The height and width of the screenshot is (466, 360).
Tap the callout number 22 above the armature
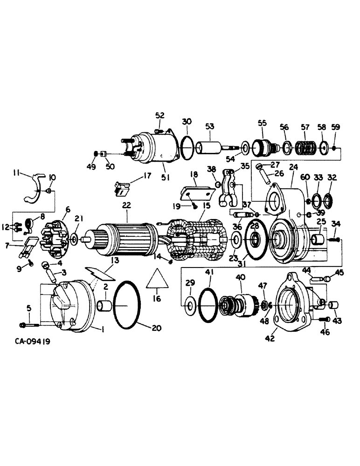pos(127,206)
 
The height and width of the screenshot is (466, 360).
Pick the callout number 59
pos(336,127)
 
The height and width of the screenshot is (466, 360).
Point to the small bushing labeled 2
pos(104,308)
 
